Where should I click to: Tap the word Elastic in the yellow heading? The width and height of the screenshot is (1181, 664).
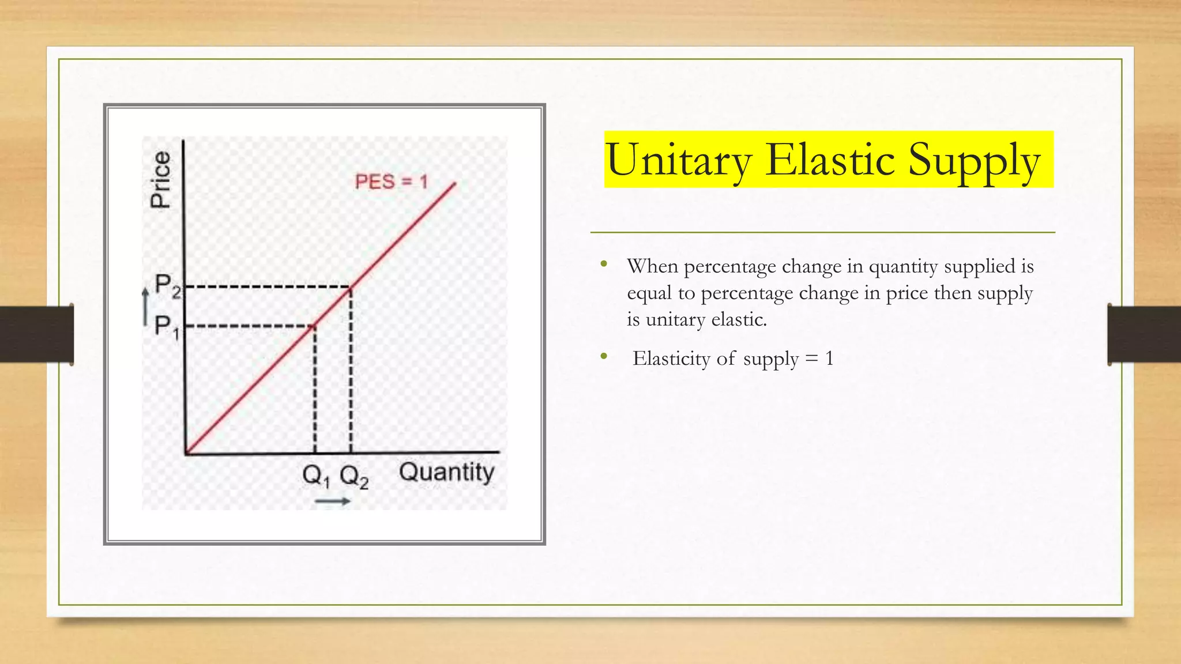pyautogui.click(x=830, y=160)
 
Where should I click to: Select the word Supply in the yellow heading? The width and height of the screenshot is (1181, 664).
pyautogui.click(x=974, y=161)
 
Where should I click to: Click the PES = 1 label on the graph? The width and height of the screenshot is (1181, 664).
pyautogui.click(x=391, y=182)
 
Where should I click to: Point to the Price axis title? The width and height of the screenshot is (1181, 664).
pyautogui.click(x=160, y=179)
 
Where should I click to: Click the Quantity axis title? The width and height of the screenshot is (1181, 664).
pyautogui.click(x=446, y=472)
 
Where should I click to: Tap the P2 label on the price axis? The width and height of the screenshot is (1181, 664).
pyautogui.click(x=167, y=285)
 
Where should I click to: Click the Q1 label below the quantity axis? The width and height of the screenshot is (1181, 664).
pyautogui.click(x=316, y=476)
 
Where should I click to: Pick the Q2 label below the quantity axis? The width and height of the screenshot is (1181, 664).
pyautogui.click(x=353, y=477)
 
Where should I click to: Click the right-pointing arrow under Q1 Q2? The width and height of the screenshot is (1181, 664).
pyautogui.click(x=333, y=501)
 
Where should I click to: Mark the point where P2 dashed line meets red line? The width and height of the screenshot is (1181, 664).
pyautogui.click(x=351, y=287)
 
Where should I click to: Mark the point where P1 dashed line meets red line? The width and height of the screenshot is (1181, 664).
pyautogui.click(x=314, y=326)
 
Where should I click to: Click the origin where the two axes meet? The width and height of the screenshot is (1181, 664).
pyautogui.click(x=185, y=453)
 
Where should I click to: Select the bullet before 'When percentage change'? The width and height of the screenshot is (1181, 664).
pyautogui.click(x=604, y=265)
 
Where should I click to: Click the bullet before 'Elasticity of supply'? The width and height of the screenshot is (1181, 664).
pyautogui.click(x=604, y=357)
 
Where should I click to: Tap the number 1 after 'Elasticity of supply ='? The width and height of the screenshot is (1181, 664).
pyautogui.click(x=829, y=359)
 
